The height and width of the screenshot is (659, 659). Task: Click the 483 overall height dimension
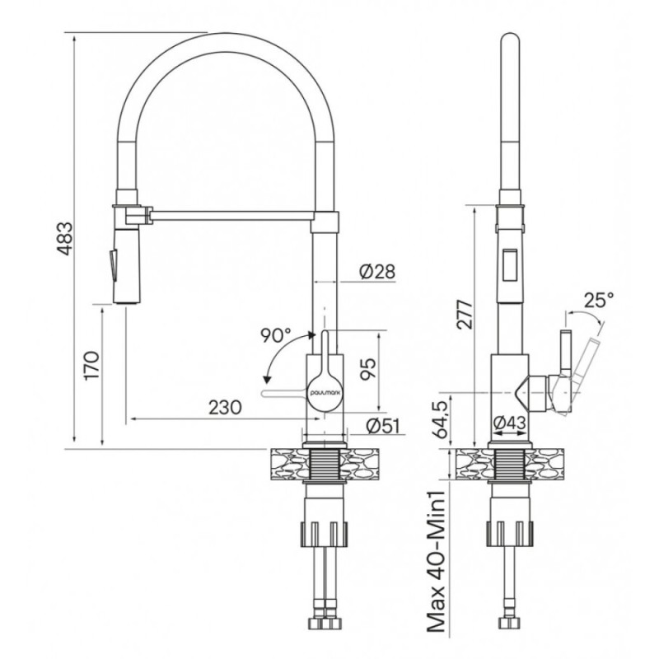(x=65, y=238)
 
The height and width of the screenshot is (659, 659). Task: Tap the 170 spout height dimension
(x=91, y=366)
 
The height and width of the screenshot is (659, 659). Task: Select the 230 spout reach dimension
(x=225, y=407)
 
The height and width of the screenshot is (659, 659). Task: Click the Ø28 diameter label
(x=377, y=272)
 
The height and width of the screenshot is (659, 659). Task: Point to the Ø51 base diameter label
(x=382, y=426)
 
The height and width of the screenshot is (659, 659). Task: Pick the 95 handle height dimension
(x=368, y=369)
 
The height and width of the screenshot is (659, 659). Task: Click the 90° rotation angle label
(x=275, y=335)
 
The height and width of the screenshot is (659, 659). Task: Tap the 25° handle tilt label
(x=599, y=300)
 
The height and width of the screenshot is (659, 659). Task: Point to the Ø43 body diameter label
(x=509, y=422)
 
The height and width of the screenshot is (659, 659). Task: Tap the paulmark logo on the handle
(x=326, y=391)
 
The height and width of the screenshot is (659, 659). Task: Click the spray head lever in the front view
(x=112, y=264)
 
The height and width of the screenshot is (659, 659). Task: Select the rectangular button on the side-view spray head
(x=510, y=264)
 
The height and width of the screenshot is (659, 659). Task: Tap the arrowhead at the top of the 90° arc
(x=311, y=334)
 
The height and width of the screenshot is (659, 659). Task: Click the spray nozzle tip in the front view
(x=127, y=301)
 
